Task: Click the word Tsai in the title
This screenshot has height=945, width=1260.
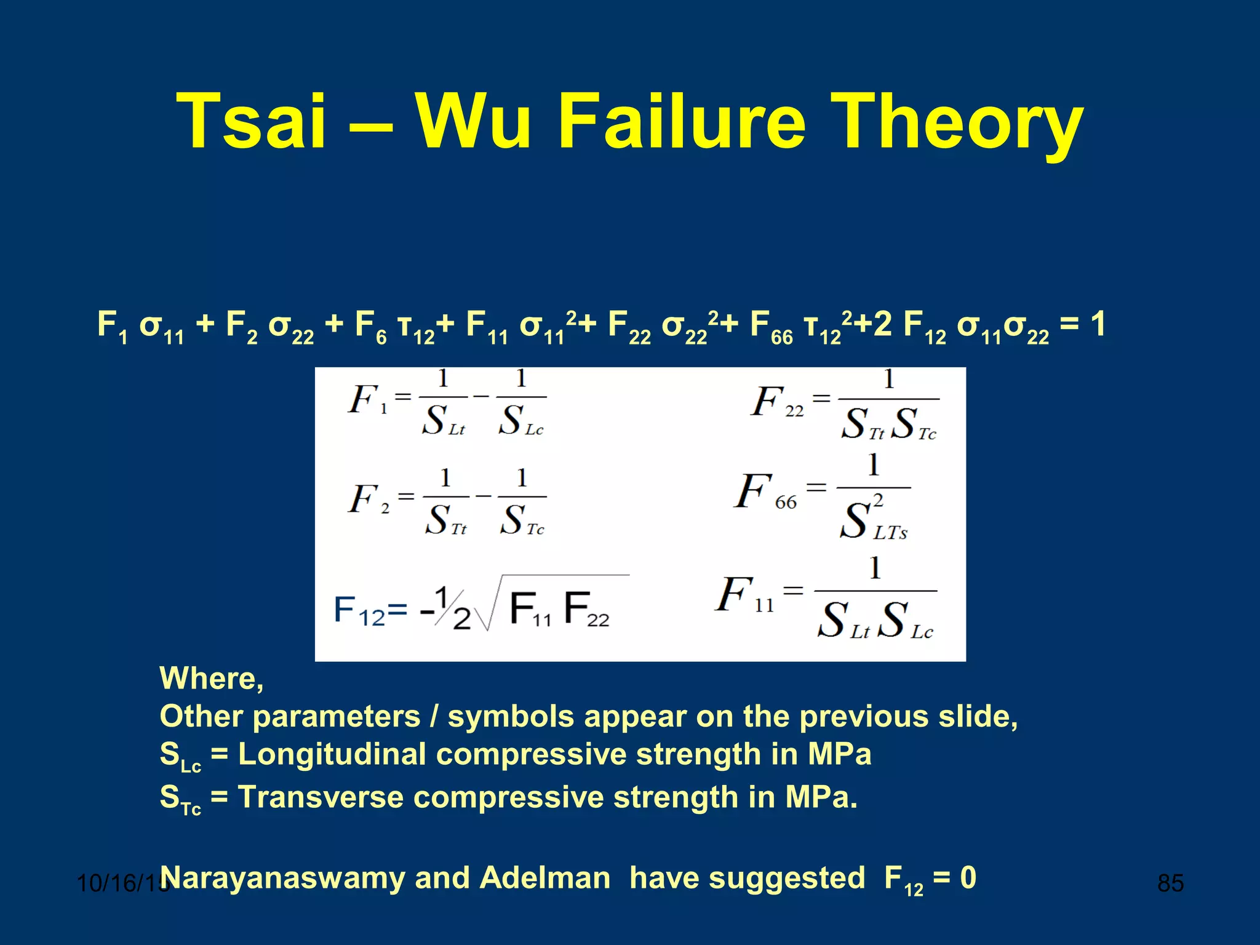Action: [x=250, y=121]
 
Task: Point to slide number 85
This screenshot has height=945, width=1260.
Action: [x=1170, y=883]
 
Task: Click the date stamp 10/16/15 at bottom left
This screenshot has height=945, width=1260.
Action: [x=120, y=883]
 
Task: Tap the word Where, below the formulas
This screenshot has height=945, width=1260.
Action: [x=212, y=679]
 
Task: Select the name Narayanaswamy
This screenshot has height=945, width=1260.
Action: [x=281, y=879]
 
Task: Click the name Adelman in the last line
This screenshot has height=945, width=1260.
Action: [x=545, y=877]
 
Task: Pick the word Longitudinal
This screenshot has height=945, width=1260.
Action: [x=332, y=754]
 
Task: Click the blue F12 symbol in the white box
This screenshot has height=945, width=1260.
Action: [x=359, y=611]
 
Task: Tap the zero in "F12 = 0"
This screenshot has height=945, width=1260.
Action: [x=968, y=877]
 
